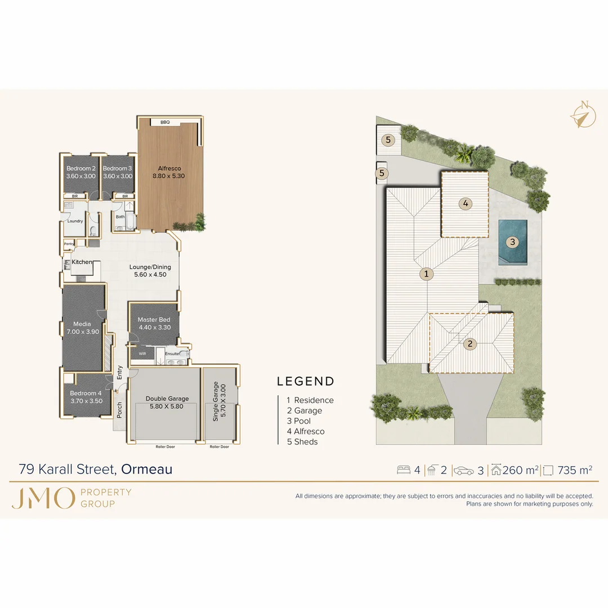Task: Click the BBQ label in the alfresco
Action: tap(165, 122)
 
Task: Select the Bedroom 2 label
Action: tap(81, 168)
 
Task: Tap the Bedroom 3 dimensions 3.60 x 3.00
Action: tap(118, 176)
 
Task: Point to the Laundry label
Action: tap(75, 221)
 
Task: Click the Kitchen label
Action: tap(82, 262)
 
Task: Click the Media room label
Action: tap(82, 324)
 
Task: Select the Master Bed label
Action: tap(154, 320)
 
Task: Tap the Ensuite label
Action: tap(172, 354)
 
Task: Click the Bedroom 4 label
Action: tap(86, 393)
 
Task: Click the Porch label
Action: tap(119, 410)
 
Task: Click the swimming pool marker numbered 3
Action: tap(512, 242)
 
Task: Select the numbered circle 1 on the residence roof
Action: tap(427, 274)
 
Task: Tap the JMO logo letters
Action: tap(43, 498)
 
